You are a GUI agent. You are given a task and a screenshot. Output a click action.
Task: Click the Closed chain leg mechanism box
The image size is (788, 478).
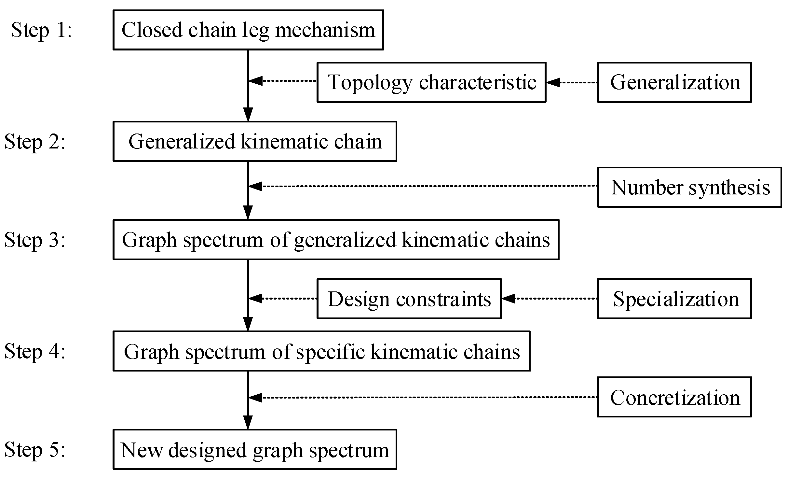pos(248,30)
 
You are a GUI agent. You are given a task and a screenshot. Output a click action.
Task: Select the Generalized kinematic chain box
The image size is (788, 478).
pos(255,141)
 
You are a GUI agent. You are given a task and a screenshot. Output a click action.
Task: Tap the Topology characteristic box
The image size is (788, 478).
pos(431,82)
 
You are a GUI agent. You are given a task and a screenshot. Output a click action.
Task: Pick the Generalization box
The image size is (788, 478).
pos(674,82)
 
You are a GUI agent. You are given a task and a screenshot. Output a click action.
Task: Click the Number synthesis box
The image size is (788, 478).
pos(689,187)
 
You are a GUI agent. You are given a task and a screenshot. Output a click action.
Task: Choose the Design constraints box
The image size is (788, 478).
pos(409,299)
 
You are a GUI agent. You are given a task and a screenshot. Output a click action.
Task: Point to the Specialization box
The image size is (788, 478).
pos(674,299)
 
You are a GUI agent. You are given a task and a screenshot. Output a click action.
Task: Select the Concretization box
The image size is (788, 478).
pos(674,397)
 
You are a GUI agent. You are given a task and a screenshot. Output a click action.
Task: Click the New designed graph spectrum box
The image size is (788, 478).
pos(255,450)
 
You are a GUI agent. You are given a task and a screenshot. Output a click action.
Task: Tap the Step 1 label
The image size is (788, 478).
pos(41,30)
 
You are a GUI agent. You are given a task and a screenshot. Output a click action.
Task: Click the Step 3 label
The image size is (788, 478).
pos(35,240)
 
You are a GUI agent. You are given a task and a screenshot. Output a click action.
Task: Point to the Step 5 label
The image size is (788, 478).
pos(35,450)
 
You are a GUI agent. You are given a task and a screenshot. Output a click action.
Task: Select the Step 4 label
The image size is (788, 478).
pos(35,351)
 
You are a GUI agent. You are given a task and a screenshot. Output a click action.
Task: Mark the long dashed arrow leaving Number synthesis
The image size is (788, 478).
pos(423,186)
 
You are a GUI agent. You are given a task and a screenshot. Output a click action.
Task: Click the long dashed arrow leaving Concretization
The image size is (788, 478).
pos(423,397)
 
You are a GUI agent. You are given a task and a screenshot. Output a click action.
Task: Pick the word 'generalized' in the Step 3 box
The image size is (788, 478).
pos(345,240)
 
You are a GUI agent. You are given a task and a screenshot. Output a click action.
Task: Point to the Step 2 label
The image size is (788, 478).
pos(35,142)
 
